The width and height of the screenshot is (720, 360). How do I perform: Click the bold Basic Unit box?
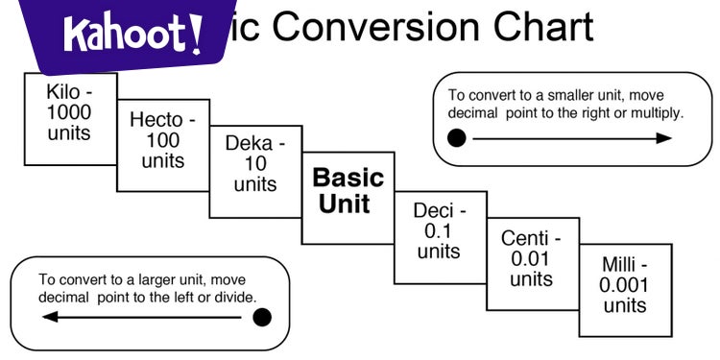coord(348,191)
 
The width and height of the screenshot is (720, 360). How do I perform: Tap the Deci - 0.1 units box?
coord(439,230)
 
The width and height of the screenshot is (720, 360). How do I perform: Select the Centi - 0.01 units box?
coord(531,259)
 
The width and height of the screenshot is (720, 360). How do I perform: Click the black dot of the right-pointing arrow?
coord(458,138)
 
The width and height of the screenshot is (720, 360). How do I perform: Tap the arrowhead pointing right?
coord(663,138)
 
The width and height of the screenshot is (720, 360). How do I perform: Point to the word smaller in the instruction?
coord(552,96)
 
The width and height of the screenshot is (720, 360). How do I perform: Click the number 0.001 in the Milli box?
coord(624,285)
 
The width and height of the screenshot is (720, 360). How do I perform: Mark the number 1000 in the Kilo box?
coord(69,111)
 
